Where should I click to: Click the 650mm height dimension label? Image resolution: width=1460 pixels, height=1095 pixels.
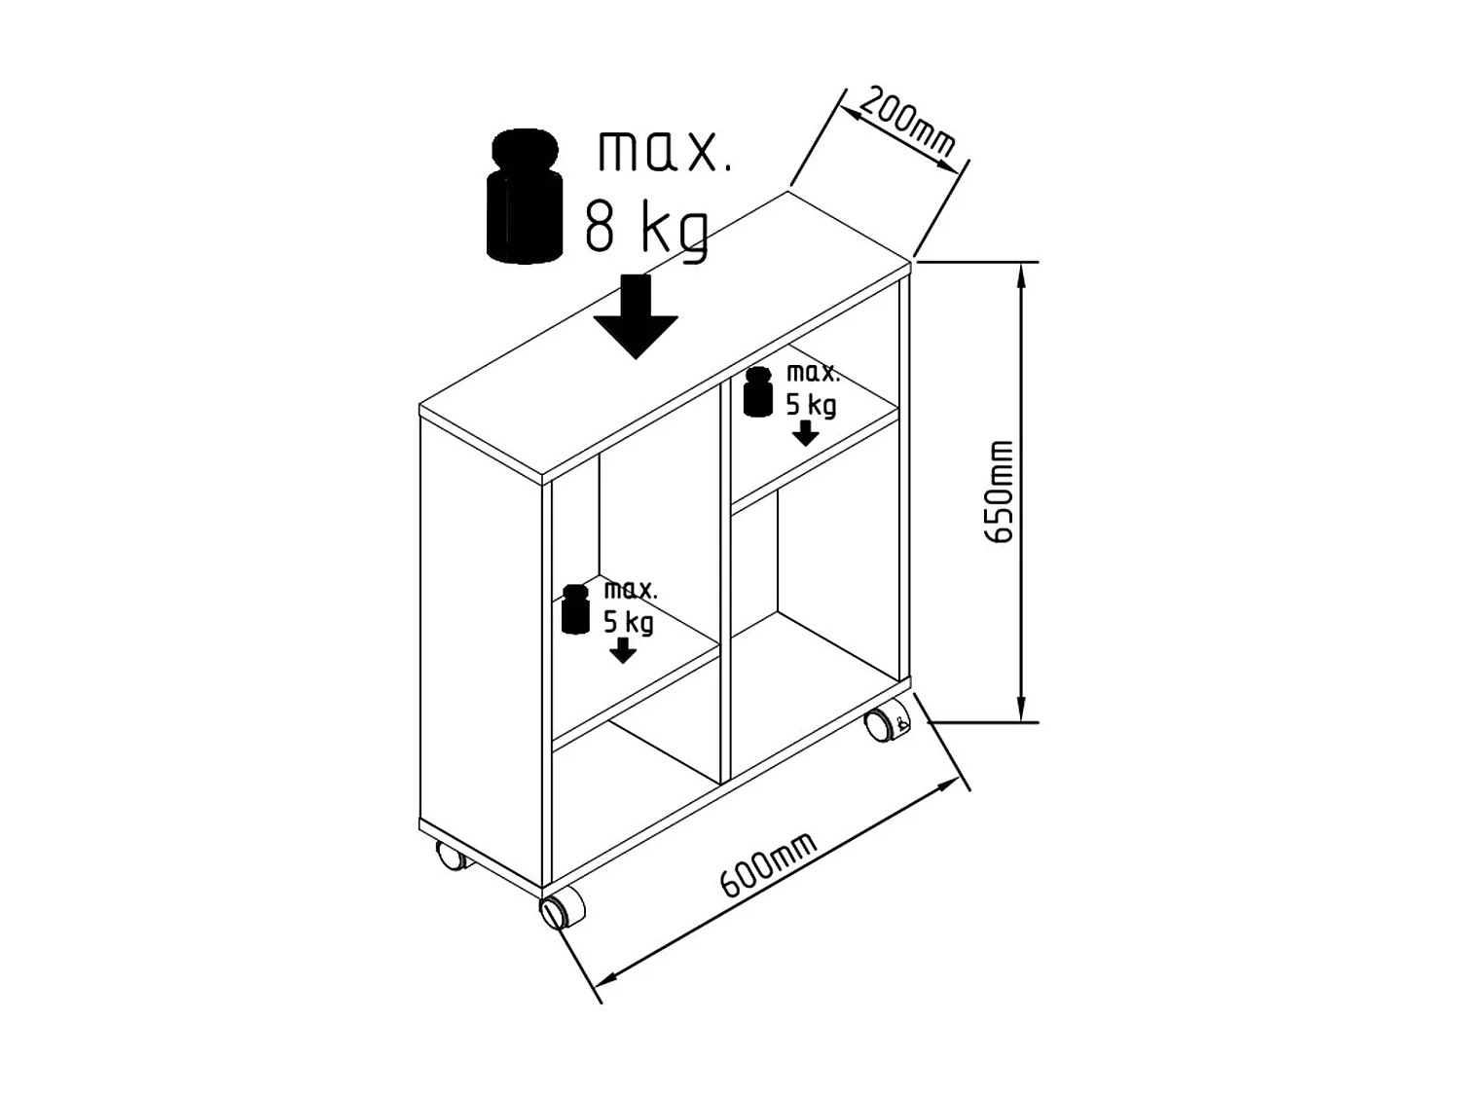click(x=1000, y=492)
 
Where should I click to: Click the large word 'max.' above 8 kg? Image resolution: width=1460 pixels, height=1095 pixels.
click(x=663, y=152)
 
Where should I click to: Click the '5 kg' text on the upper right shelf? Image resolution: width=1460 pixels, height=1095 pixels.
click(x=811, y=404)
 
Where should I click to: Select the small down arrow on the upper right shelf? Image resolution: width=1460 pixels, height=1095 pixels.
click(x=805, y=433)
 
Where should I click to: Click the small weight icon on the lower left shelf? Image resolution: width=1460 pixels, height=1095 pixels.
click(x=576, y=608)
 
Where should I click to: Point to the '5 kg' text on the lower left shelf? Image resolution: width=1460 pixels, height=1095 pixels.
click(x=629, y=622)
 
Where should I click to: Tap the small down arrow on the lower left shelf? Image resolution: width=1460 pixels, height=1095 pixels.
click(x=622, y=651)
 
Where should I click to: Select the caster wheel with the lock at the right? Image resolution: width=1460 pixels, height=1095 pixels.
click(x=884, y=725)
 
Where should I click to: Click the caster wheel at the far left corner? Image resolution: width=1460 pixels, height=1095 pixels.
click(x=451, y=856)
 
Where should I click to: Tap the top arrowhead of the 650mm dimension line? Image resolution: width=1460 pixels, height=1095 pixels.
click(x=1021, y=273)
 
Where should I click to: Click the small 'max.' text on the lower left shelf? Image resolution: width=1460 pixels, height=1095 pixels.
click(x=631, y=590)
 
